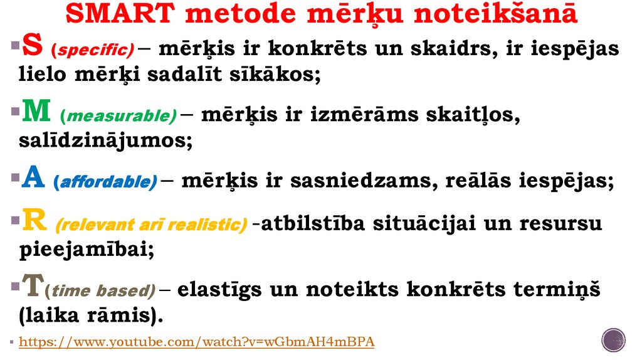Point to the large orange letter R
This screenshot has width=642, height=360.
tap(33, 223)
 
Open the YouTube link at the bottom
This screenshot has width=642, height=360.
tap(197, 342)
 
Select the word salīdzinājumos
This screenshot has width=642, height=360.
tap(105, 140)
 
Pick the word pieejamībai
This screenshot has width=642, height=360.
tap(87, 250)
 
